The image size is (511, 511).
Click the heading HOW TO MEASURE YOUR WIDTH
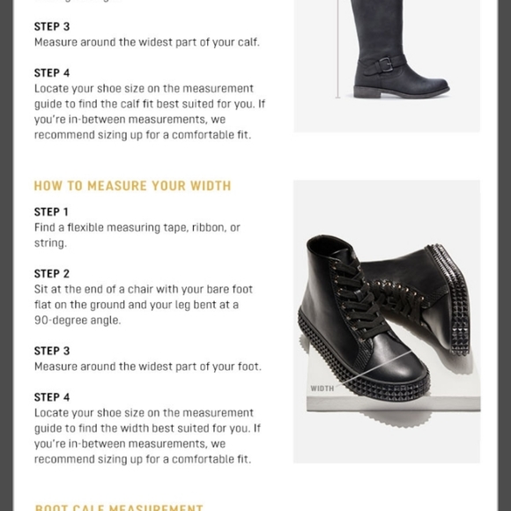tap(132, 186)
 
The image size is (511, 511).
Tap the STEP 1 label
tap(52, 211)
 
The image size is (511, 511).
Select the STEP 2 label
tap(52, 274)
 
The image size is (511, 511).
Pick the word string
tap(49, 243)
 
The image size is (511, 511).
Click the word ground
tap(101, 305)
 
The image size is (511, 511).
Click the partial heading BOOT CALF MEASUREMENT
tap(119, 507)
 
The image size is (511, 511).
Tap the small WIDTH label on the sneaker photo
tap(322, 388)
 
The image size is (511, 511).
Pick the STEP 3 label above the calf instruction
tap(52, 26)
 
